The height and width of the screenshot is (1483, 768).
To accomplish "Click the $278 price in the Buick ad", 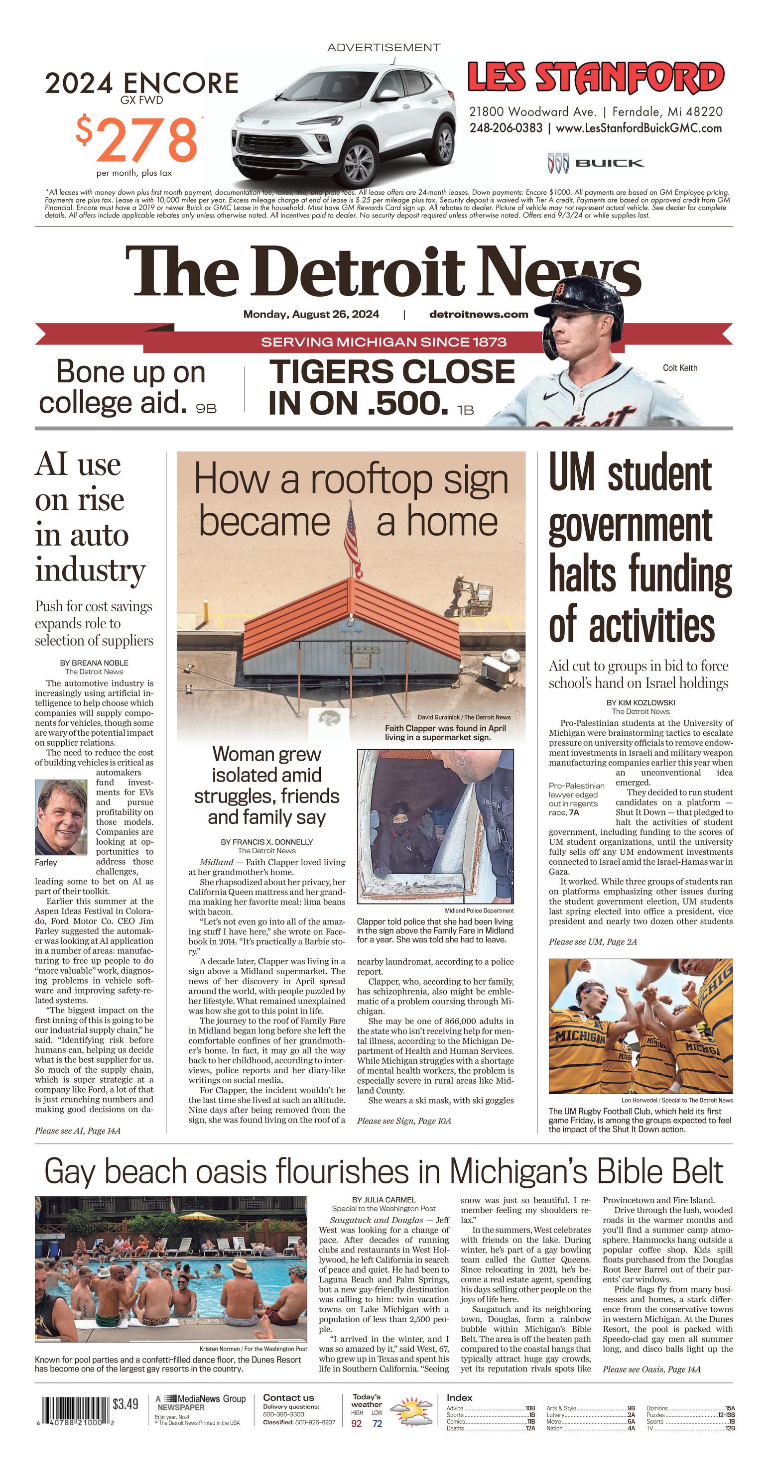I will click(x=137, y=140).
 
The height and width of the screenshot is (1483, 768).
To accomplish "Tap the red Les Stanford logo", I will click(x=595, y=78).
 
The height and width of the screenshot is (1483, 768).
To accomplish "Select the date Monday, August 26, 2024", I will click(x=311, y=314).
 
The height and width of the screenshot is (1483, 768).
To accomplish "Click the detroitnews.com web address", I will click(x=478, y=314).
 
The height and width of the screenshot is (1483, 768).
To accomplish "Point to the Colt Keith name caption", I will click(x=680, y=368).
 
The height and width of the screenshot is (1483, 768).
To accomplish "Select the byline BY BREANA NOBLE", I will click(x=94, y=663).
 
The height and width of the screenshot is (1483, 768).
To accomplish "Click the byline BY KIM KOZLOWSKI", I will click(x=640, y=702).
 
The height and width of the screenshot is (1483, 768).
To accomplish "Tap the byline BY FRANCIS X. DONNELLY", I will click(x=267, y=842).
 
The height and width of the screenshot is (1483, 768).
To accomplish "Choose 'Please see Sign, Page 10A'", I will click(x=404, y=1121).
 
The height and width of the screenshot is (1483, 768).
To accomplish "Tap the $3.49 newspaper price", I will click(x=126, y=1404).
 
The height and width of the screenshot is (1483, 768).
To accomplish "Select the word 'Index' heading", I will click(x=459, y=1398).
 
